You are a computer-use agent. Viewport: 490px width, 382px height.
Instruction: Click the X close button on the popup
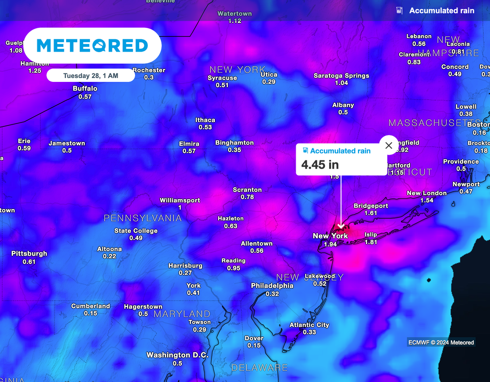point(389,145)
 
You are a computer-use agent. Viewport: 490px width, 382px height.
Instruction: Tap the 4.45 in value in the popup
point(320,165)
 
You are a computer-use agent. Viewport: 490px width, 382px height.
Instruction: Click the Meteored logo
point(92,46)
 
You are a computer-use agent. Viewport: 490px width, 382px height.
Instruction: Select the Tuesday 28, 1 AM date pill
point(91,76)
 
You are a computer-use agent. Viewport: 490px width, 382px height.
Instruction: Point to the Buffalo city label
point(85,89)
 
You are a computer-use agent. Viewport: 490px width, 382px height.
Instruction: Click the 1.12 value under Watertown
point(234,21)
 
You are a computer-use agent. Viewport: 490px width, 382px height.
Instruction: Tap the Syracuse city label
point(222,78)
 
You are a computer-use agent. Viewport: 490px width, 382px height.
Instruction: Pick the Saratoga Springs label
point(341,76)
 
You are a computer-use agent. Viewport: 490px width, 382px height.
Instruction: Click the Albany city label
point(343,105)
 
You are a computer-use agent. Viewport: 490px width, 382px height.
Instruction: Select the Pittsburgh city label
point(29,254)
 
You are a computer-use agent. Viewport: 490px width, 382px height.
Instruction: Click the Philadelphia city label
point(272,286)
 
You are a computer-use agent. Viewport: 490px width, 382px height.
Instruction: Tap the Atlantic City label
point(309,325)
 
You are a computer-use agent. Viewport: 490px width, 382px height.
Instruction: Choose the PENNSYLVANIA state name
point(143,218)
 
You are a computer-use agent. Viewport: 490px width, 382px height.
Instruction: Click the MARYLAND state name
point(182,314)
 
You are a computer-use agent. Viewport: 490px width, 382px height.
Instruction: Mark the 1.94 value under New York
point(330,244)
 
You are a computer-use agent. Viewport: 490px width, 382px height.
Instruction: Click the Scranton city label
point(247,190)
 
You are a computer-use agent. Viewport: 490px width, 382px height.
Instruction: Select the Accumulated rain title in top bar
point(442,11)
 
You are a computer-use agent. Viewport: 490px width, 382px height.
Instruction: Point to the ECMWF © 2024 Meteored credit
point(441,342)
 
